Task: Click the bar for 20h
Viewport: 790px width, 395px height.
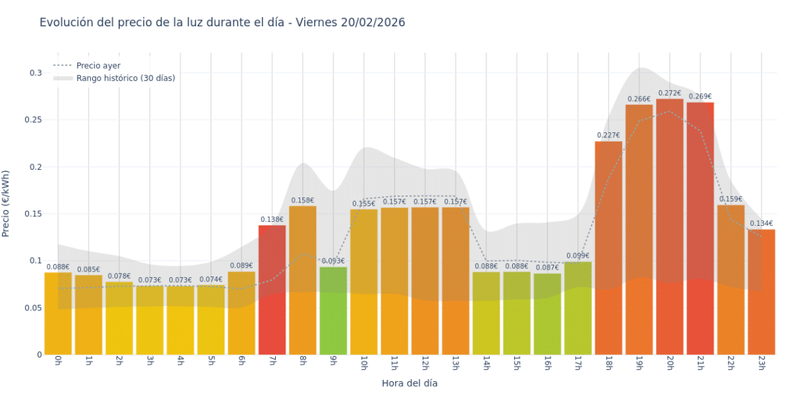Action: click(x=669, y=229)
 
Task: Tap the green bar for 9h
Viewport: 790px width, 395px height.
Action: click(x=333, y=312)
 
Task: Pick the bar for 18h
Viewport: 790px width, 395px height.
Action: click(x=608, y=249)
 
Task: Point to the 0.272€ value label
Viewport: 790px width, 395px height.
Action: click(x=669, y=93)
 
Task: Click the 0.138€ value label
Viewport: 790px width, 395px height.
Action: click(x=272, y=219)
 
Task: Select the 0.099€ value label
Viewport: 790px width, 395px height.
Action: click(x=578, y=256)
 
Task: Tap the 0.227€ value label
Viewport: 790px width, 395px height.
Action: click(x=608, y=135)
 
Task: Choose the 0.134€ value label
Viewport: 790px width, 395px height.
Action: click(x=761, y=223)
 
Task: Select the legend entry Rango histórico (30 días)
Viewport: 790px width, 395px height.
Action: click(x=125, y=78)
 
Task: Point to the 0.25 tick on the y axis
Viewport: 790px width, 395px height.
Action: click(x=34, y=120)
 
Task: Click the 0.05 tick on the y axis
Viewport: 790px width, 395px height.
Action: click(x=34, y=308)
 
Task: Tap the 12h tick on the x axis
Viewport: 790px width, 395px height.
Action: click(x=424, y=363)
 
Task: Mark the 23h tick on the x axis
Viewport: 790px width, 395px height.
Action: click(x=761, y=363)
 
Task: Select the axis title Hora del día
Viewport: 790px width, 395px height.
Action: click(x=410, y=383)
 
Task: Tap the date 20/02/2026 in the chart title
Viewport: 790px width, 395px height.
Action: click(x=373, y=22)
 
